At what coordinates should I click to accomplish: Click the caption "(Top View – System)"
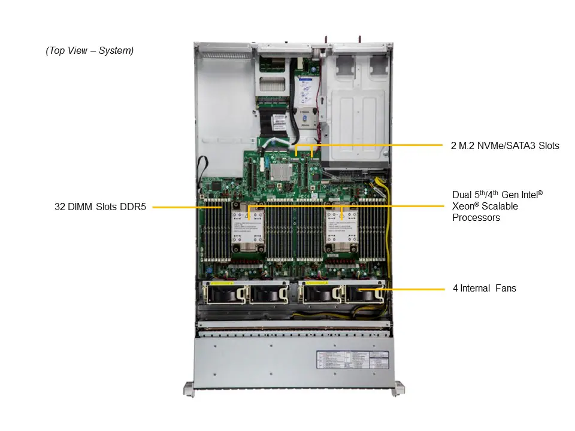click(x=90, y=51)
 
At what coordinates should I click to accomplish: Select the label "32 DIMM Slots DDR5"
click(x=101, y=207)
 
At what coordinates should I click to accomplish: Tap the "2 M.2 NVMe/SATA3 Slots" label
click(x=504, y=145)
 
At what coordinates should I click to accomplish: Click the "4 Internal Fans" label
click(x=484, y=289)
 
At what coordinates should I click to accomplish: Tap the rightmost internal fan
click(x=361, y=293)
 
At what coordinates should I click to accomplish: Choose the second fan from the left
click(x=265, y=293)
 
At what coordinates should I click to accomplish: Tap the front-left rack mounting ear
click(x=189, y=390)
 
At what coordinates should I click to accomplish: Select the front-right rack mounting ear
click(x=397, y=390)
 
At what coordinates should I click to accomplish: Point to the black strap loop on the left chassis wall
click(x=202, y=170)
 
